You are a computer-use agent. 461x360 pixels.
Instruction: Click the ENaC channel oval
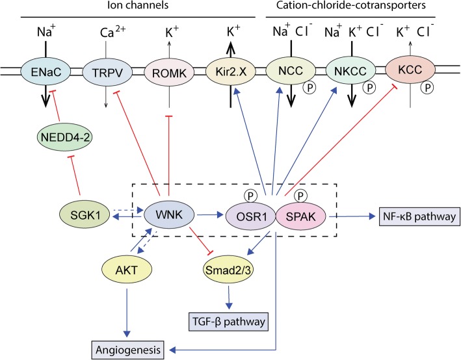[46, 71]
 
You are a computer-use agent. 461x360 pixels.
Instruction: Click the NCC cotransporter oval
[291, 71]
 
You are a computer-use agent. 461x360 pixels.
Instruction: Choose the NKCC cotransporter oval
[350, 71]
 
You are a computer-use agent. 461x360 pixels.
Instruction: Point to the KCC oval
[410, 70]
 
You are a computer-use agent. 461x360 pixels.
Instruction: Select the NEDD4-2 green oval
[65, 137]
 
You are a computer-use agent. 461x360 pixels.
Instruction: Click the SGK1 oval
[85, 215]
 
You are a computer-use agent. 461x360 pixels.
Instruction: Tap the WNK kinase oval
[169, 215]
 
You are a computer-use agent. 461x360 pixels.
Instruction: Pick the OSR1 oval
[252, 216]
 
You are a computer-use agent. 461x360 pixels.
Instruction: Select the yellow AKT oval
[127, 270]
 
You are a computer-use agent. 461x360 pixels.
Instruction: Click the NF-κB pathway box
[419, 216]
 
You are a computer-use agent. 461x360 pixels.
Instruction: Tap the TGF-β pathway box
[228, 322]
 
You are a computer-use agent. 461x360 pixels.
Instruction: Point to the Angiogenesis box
[128, 350]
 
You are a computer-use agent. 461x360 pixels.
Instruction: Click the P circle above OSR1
[250, 196]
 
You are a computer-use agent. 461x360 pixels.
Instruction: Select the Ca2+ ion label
[113, 31]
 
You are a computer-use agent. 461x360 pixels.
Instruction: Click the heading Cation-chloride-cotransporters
[350, 5]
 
